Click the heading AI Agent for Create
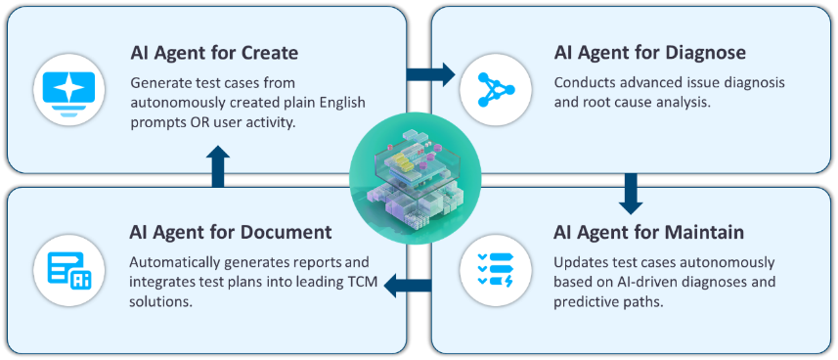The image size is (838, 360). [x=214, y=51]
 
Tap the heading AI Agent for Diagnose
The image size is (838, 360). [x=649, y=51]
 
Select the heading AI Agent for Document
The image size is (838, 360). [x=231, y=233]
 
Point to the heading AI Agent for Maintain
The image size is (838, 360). [x=648, y=233]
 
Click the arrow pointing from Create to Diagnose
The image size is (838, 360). [x=430, y=74]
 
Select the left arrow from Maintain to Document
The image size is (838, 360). [x=408, y=286]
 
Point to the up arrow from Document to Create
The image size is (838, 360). [x=218, y=165]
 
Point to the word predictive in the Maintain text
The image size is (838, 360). [x=586, y=300]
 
